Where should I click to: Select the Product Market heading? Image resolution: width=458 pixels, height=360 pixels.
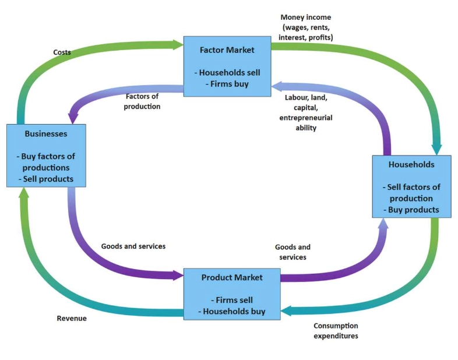[232, 277]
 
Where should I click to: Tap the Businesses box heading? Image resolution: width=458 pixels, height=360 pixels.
[46, 133]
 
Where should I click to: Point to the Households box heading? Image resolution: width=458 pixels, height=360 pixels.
[411, 164]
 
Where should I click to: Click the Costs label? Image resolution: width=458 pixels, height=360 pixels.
[61, 52]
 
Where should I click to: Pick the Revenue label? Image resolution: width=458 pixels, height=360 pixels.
[72, 318]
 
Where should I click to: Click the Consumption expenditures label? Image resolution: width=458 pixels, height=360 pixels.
[336, 331]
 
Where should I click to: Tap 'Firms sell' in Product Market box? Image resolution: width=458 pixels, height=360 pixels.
[232, 300]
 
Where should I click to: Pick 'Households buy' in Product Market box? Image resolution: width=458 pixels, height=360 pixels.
[232, 311]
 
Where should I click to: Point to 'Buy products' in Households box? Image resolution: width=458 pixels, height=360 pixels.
[411, 210]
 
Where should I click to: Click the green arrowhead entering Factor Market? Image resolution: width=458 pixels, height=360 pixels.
[178, 44]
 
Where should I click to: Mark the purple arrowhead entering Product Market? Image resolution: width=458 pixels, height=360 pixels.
[178, 275]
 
